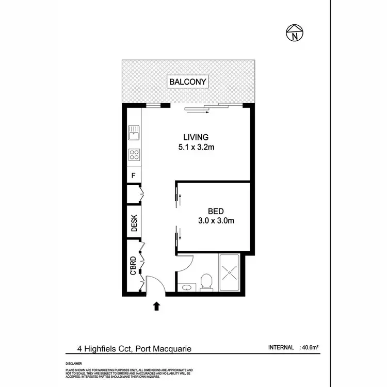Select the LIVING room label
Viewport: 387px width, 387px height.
tap(196, 137)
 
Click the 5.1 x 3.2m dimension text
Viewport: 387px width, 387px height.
tap(196, 147)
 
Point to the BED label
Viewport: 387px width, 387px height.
tap(215, 211)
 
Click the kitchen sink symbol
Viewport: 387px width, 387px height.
tap(134, 133)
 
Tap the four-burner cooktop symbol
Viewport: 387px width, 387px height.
tap(134, 155)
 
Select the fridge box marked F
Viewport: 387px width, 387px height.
tap(133, 175)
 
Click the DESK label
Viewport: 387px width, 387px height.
tap(134, 223)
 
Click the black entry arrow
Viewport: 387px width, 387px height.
tap(157, 307)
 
